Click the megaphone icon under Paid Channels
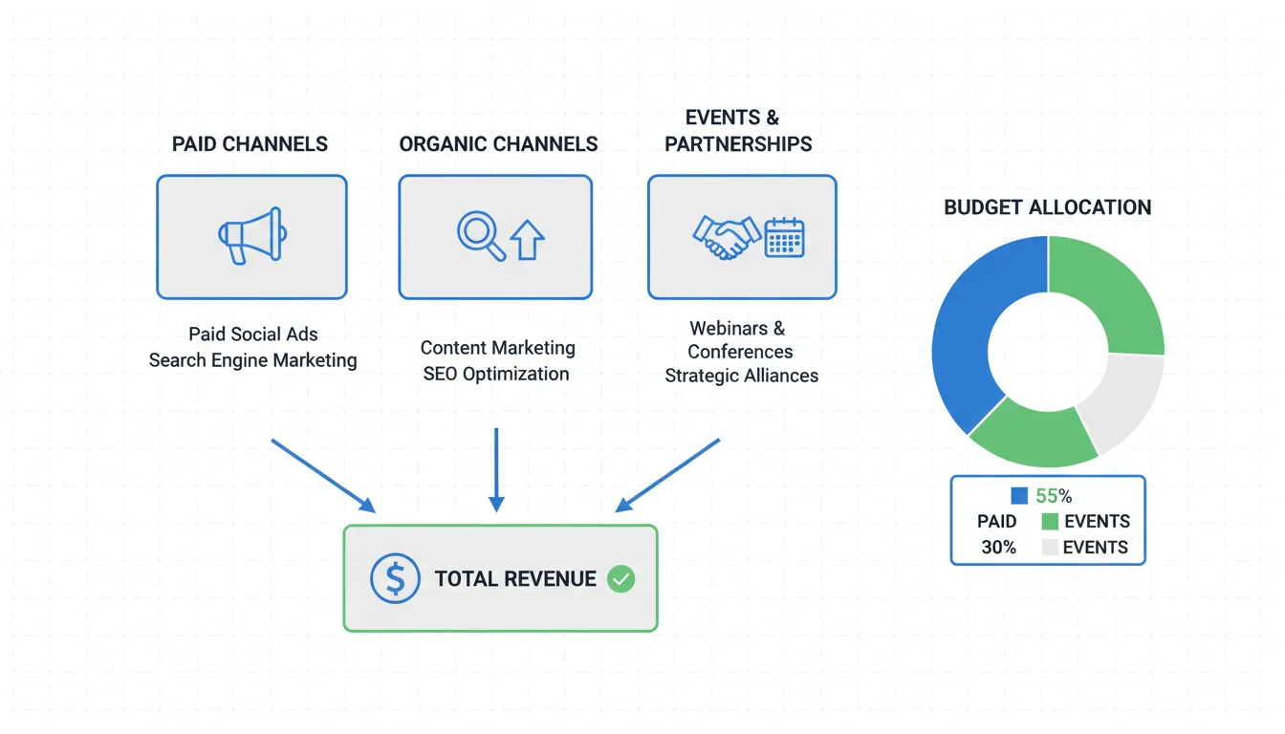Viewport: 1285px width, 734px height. click(251, 236)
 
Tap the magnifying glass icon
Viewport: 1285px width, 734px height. click(479, 234)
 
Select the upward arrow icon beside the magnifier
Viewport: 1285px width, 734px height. click(527, 239)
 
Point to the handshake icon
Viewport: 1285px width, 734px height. click(725, 236)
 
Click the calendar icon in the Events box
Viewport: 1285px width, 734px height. click(785, 236)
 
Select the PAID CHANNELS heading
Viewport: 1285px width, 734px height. click(250, 144)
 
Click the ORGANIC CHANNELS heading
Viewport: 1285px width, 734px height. click(498, 144)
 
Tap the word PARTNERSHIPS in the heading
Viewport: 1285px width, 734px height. click(738, 144)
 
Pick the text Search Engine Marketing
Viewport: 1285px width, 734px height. click(252, 360)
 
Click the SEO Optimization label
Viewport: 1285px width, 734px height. click(496, 374)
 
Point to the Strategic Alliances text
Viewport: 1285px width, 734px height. click(741, 376)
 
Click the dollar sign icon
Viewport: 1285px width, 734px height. click(395, 578)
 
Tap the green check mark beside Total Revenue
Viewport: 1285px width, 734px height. click(621, 578)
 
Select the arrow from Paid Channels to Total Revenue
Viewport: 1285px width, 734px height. click(322, 475)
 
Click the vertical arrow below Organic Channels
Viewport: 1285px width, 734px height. click(495, 468)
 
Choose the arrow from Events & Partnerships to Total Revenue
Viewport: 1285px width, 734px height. click(667, 475)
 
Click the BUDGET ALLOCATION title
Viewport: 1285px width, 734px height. click(1047, 207)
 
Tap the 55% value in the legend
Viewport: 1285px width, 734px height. click(1054, 496)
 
